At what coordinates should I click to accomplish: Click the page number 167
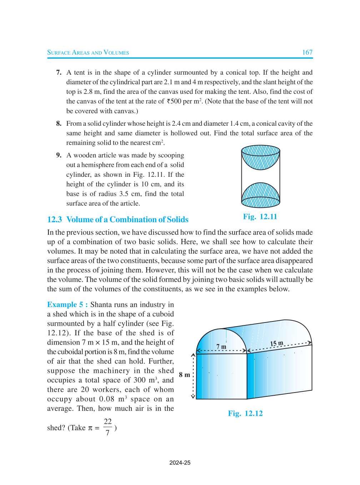point(307,52)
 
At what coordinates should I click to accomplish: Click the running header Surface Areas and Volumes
point(88,52)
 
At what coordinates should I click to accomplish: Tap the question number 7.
point(59,72)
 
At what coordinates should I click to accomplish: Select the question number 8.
point(59,124)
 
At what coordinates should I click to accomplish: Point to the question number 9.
point(59,155)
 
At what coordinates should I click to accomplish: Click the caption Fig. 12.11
point(260,217)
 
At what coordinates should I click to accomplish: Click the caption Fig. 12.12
point(245,414)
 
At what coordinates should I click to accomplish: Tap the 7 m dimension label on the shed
point(221,346)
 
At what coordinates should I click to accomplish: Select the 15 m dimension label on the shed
point(276,344)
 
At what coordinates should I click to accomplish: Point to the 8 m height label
point(184,375)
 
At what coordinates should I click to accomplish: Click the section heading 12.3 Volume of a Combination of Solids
point(118,220)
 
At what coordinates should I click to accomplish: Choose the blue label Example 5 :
point(67,305)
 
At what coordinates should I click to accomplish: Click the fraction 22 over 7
point(107,427)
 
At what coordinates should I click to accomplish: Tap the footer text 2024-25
point(180,463)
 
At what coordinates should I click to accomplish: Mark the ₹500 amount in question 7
point(174,101)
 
